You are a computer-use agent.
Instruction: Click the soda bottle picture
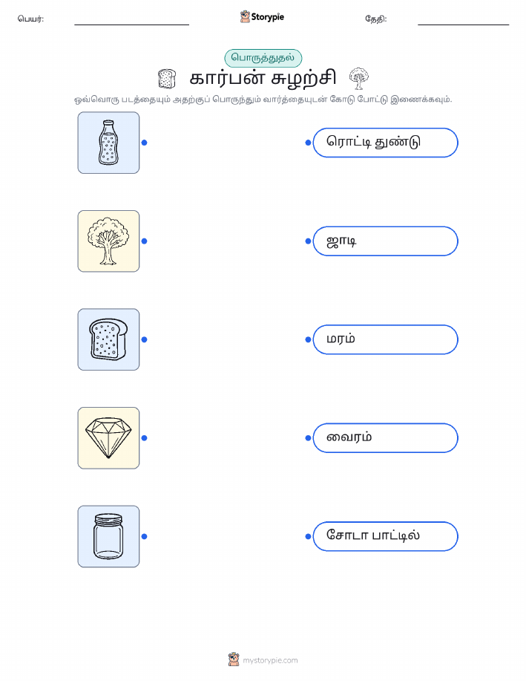pos(108,143)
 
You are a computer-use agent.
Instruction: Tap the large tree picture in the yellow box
pos(108,241)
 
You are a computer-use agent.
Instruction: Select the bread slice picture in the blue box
pos(108,339)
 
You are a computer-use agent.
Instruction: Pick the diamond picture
pos(108,438)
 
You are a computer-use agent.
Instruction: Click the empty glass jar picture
pos(108,536)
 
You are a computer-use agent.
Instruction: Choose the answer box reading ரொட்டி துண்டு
pos(385,143)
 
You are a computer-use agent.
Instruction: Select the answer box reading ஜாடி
pos(385,241)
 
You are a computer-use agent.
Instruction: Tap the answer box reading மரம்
pos(385,339)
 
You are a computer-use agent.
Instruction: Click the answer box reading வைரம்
pos(385,438)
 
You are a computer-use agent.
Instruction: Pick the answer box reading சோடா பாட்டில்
pos(385,536)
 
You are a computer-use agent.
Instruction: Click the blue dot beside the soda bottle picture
pos(145,143)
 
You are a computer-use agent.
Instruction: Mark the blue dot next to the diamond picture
pos(145,438)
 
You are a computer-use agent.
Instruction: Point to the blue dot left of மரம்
pos(308,339)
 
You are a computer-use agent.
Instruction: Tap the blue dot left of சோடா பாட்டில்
pos(308,536)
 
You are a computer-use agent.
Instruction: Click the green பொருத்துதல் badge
pos(263,58)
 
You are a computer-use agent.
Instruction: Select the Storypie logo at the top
pos(262,17)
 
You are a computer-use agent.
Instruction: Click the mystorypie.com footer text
pos(270,660)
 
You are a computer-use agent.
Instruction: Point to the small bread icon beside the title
pos(167,79)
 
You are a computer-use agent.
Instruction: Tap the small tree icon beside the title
pos(359,78)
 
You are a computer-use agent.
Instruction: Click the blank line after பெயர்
pos(131,25)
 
